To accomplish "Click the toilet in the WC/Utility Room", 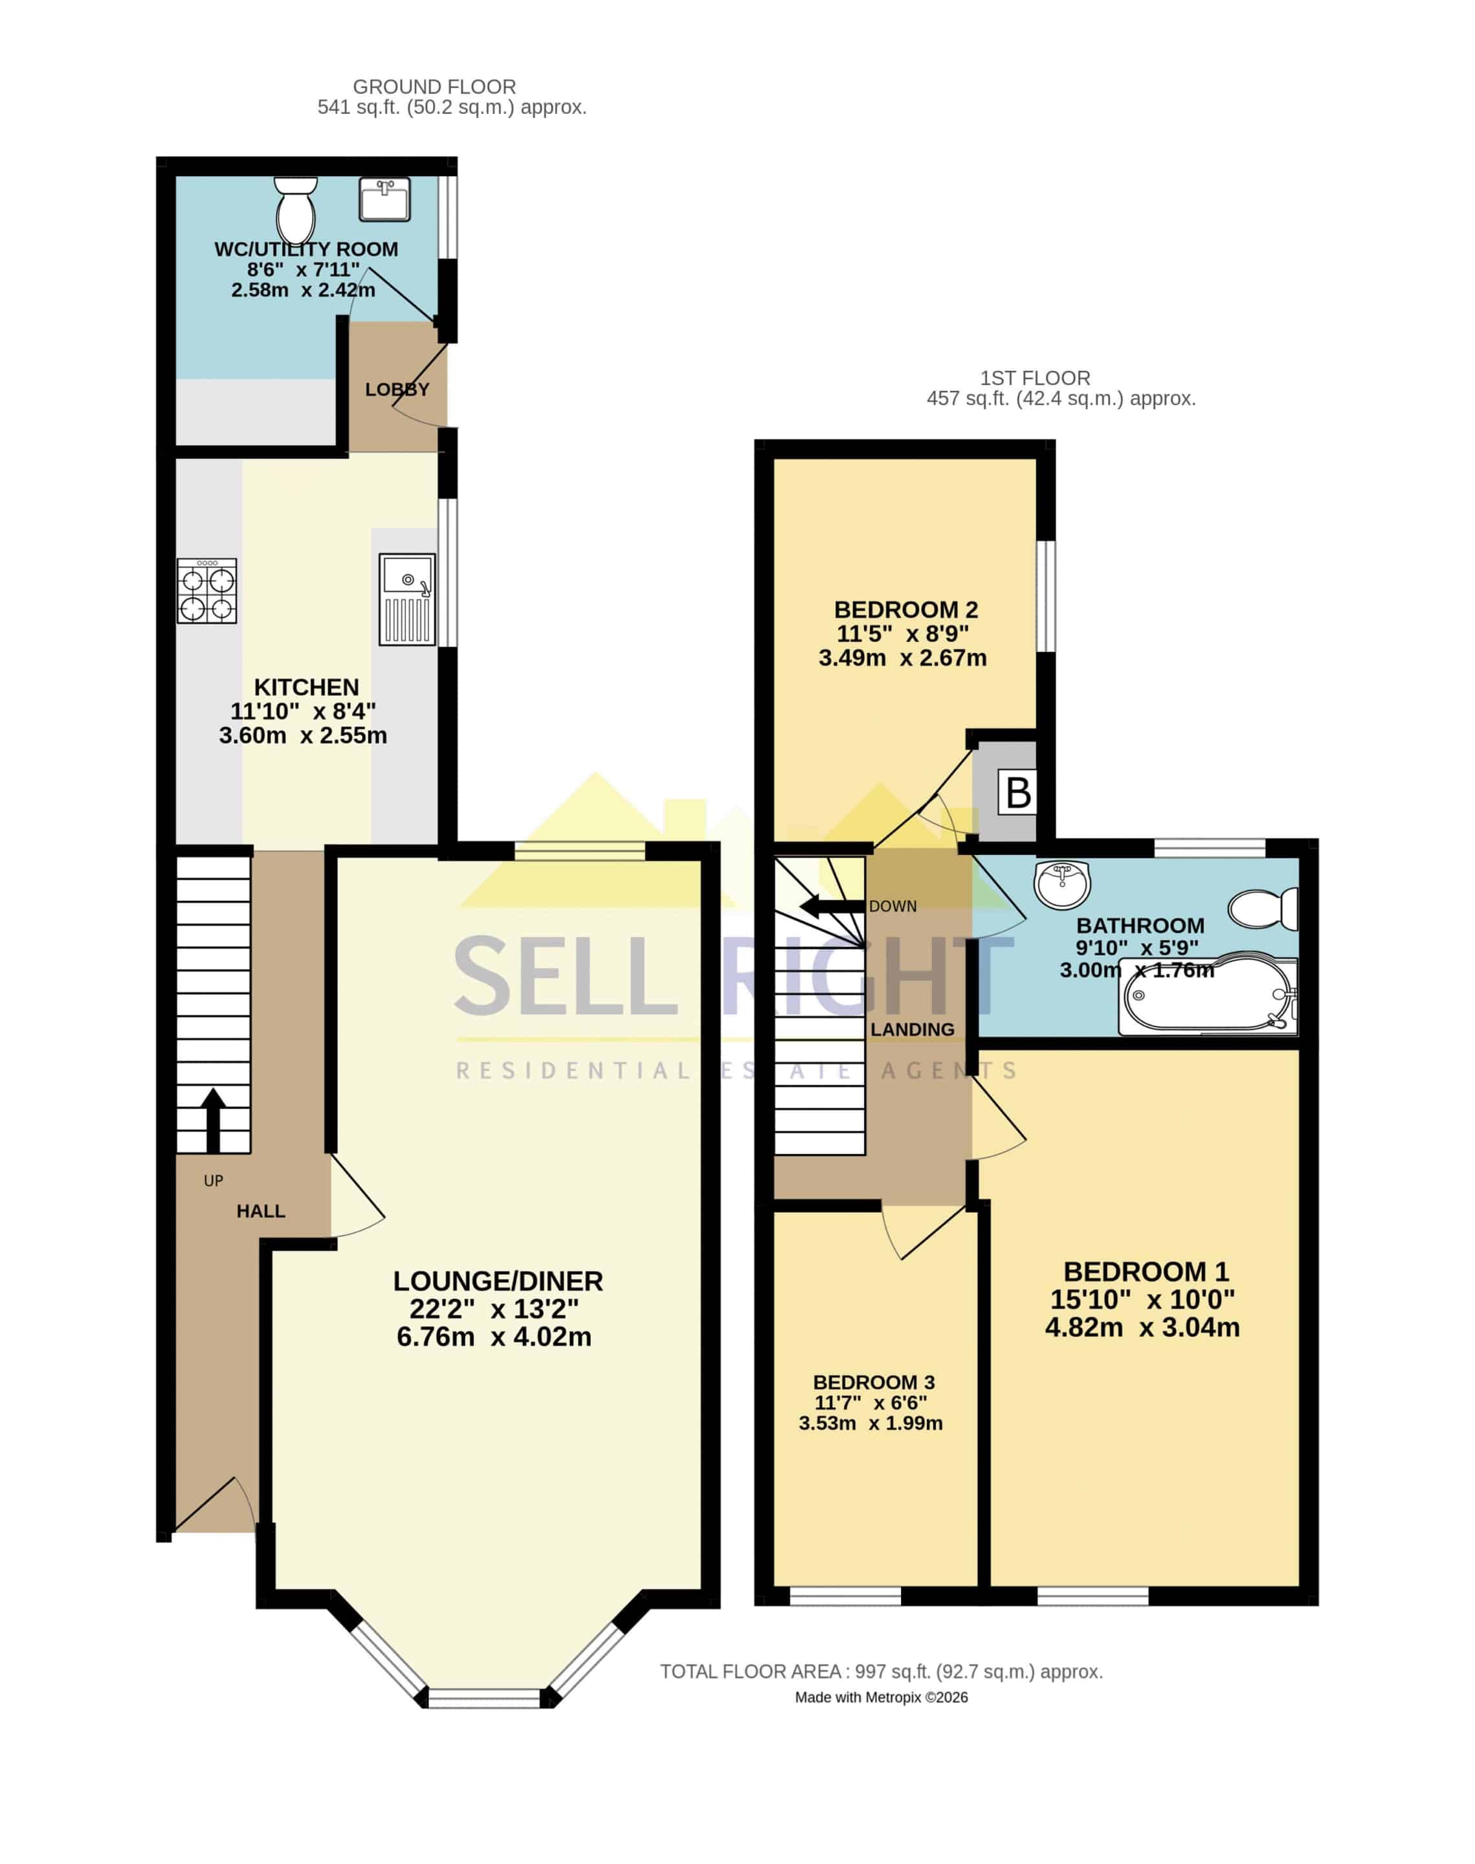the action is coord(295,210).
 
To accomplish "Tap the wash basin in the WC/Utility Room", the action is coord(384,199).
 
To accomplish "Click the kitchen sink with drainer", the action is coord(406,599).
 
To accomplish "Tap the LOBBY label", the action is coord(397,390).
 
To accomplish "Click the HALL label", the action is coord(261,1212).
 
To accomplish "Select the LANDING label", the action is coord(913,1029).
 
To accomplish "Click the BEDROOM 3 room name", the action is coord(874,1382).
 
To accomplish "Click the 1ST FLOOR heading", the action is coord(1036,378).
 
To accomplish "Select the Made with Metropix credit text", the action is coord(882,1698).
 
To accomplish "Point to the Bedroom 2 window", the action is coord(1046,595).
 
